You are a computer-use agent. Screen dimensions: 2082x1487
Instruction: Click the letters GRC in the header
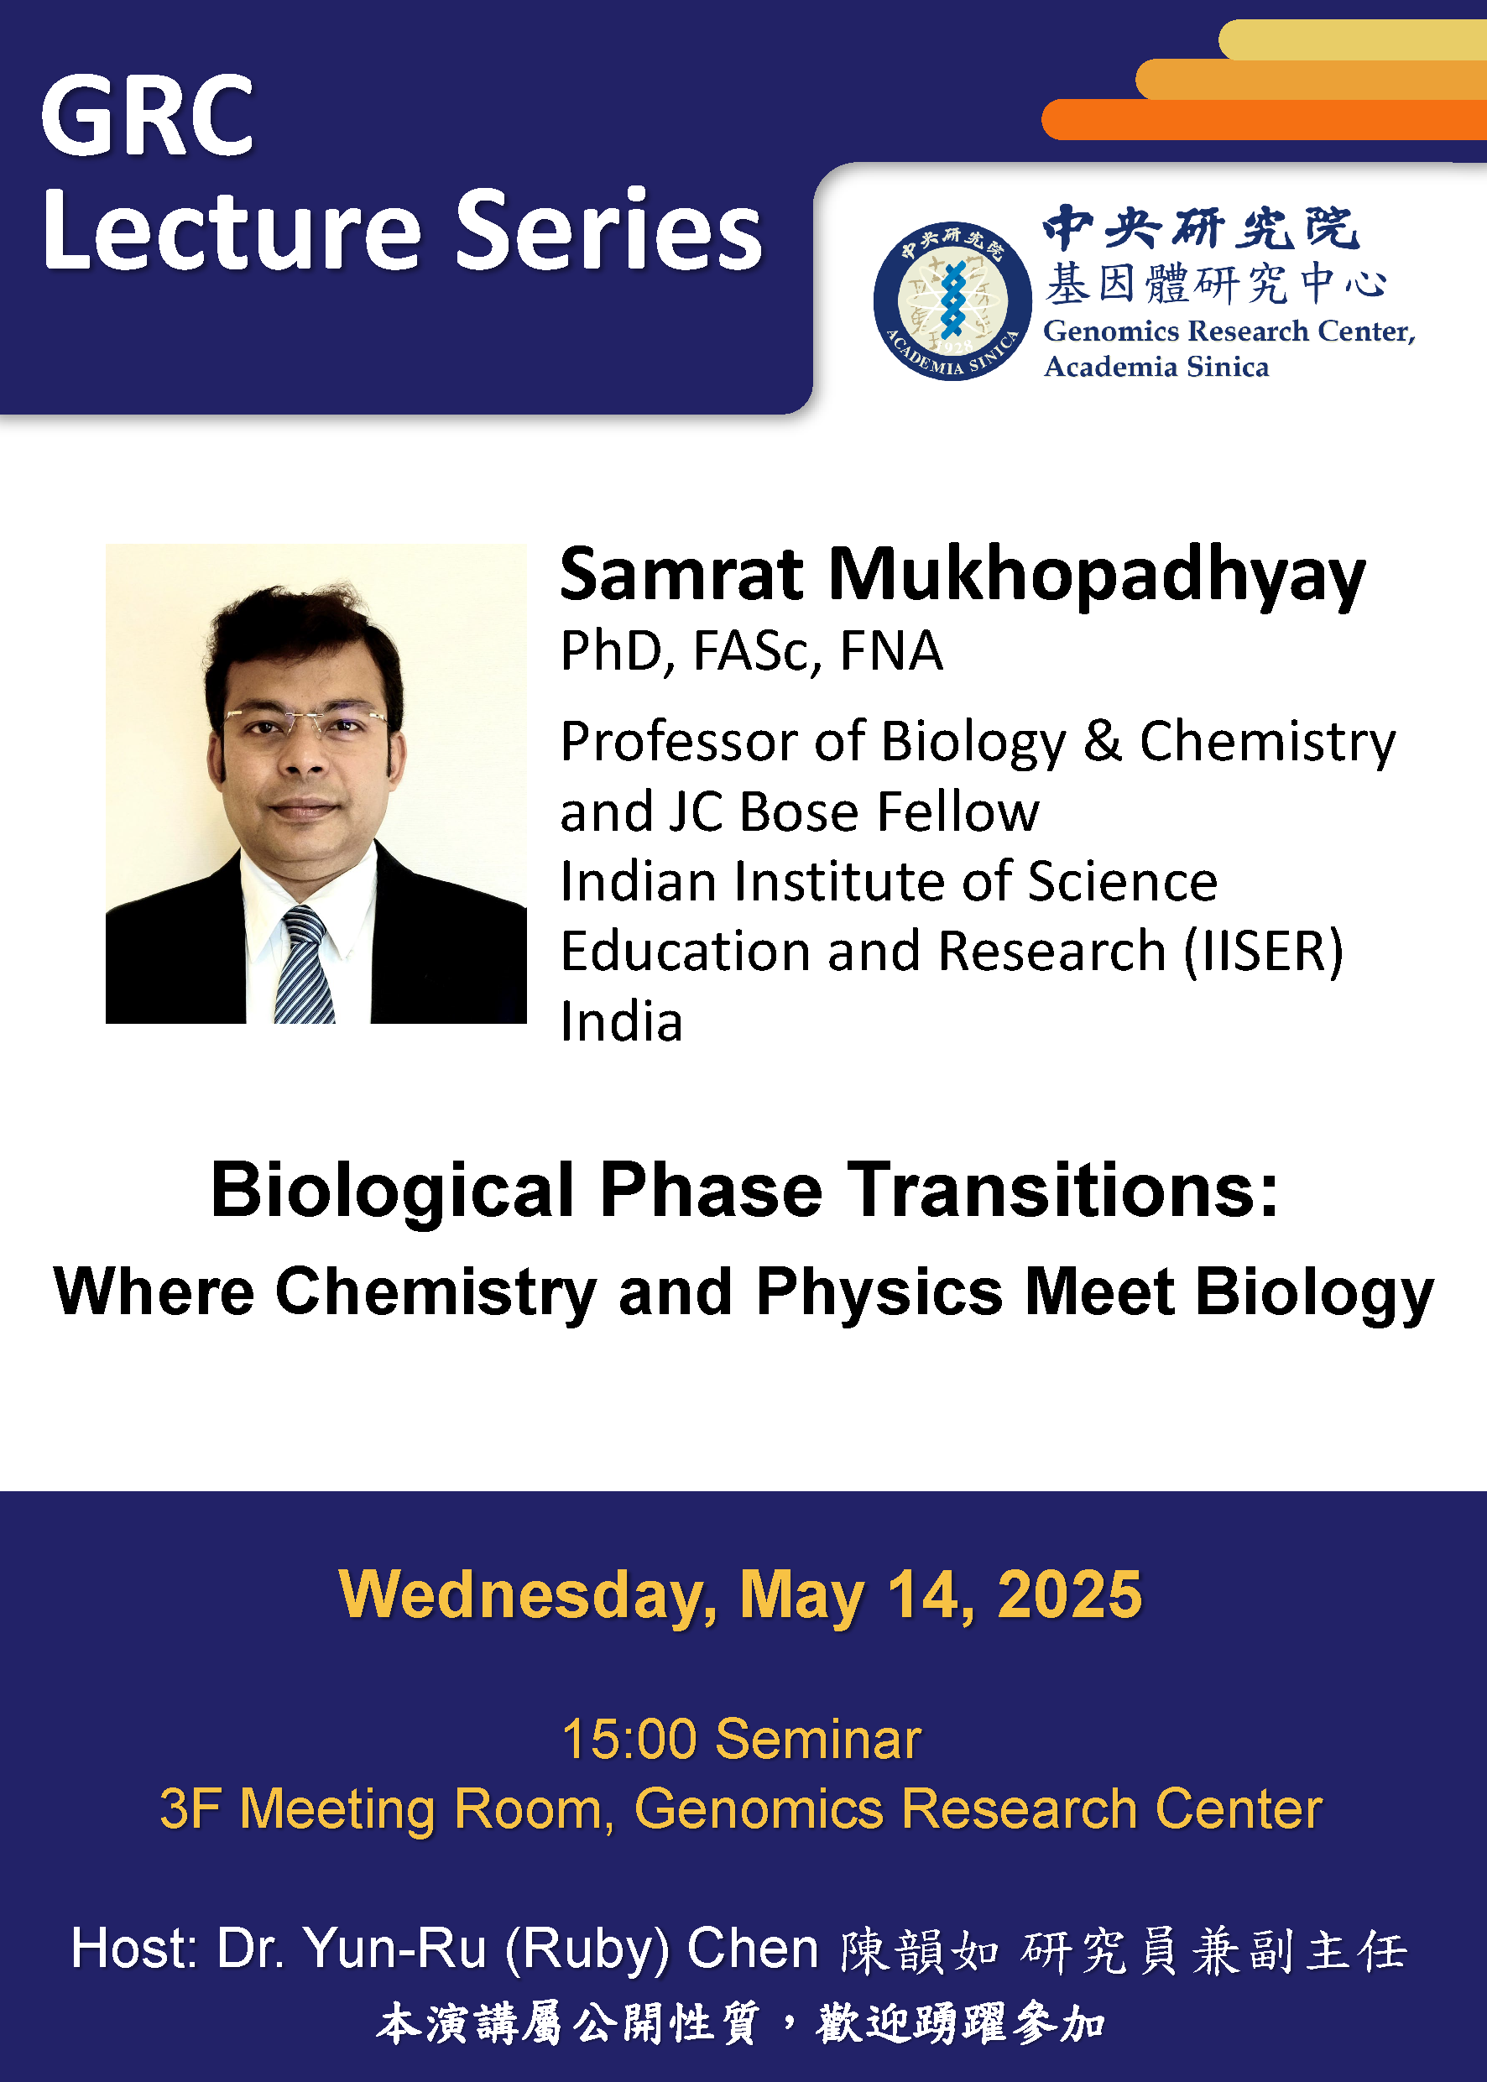(x=147, y=117)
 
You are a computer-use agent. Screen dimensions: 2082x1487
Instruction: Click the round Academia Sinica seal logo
(x=952, y=301)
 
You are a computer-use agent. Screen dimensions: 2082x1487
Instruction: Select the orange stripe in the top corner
(x=1264, y=120)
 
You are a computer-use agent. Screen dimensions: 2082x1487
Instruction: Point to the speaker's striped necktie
(x=305, y=966)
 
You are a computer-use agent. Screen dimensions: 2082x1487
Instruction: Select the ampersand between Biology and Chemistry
(x=1102, y=741)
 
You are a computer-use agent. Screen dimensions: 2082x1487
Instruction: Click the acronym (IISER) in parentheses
(x=1264, y=952)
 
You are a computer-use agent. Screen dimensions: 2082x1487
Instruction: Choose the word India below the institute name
(x=622, y=1023)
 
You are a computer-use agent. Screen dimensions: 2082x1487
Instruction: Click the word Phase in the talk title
(x=711, y=1190)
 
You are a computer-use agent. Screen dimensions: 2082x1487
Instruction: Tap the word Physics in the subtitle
(x=879, y=1291)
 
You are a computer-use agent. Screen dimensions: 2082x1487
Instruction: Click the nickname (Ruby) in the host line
(x=587, y=1949)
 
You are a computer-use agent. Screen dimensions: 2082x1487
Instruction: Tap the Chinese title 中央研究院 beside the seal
(x=1200, y=228)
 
